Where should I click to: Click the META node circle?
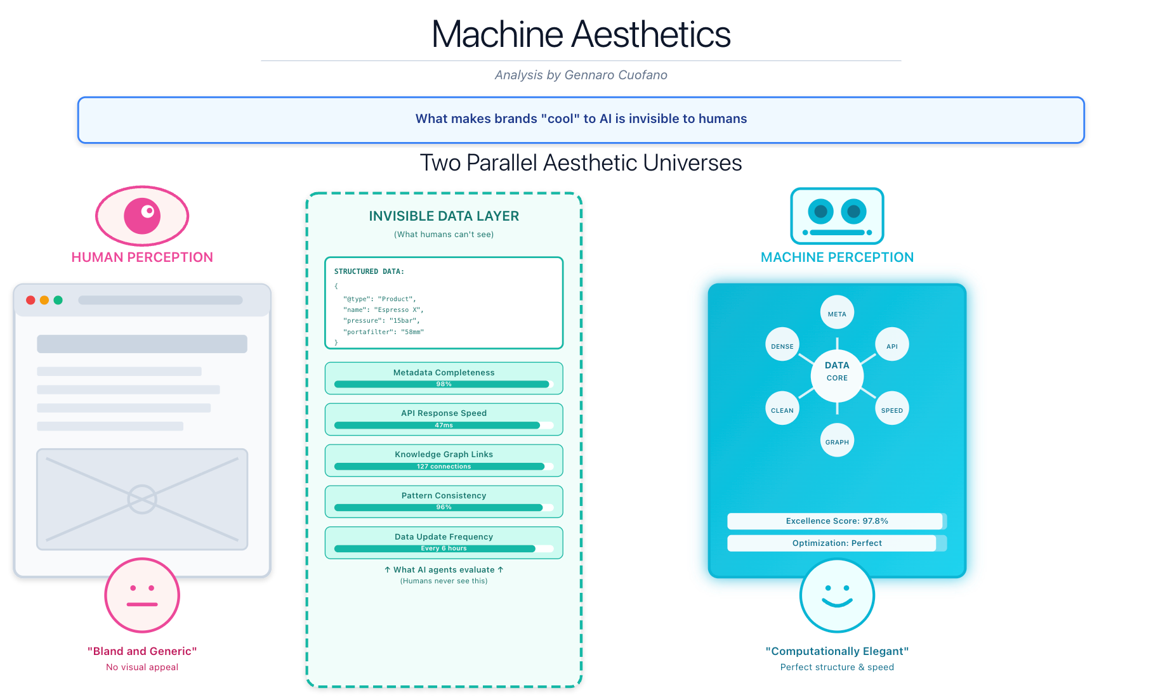tap(837, 313)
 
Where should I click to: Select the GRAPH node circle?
tap(837, 441)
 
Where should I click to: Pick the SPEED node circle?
tap(891, 409)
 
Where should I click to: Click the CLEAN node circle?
tap(782, 409)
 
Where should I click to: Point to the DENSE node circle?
tap(782, 345)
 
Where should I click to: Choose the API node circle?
tap(891, 345)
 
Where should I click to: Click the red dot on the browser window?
tap(30, 300)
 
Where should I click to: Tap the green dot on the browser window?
tap(58, 300)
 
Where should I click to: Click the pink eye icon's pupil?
tap(143, 216)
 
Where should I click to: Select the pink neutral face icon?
tap(142, 595)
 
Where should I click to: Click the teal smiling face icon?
tap(837, 595)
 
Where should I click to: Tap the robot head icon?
tap(837, 216)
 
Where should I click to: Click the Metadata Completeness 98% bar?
tap(444, 384)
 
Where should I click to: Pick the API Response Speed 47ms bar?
tap(444, 425)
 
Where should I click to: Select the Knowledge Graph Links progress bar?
tap(444, 467)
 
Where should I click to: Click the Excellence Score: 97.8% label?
tap(836, 521)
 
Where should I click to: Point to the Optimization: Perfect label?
tap(836, 543)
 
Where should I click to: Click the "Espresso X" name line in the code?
tap(383, 310)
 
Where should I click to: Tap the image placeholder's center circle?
tap(142, 500)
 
